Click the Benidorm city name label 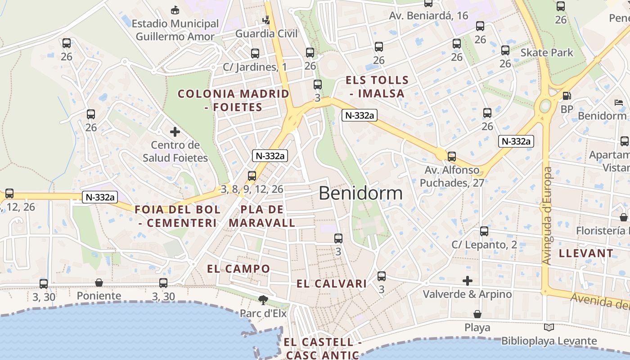pyautogui.click(x=360, y=193)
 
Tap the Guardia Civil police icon pyautogui.click(x=266, y=20)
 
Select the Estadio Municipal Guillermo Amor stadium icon pyautogui.click(x=175, y=10)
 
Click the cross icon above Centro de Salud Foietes pyautogui.click(x=175, y=132)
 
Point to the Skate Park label pyautogui.click(x=547, y=53)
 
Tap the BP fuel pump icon pyautogui.click(x=567, y=96)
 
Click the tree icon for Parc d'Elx pyautogui.click(x=263, y=300)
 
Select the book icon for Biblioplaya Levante pyautogui.click(x=549, y=328)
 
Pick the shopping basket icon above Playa pyautogui.click(x=477, y=314)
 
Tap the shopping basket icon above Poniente pyautogui.click(x=99, y=283)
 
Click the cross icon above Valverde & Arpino pyautogui.click(x=468, y=281)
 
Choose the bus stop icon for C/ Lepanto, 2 pyautogui.click(x=484, y=231)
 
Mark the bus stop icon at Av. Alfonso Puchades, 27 pyautogui.click(x=451, y=157)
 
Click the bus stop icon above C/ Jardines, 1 pyautogui.click(x=255, y=54)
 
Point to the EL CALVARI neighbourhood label pyautogui.click(x=332, y=283)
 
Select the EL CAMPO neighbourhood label pyautogui.click(x=238, y=269)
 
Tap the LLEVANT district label pyautogui.click(x=586, y=253)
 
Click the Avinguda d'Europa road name pyautogui.click(x=547, y=216)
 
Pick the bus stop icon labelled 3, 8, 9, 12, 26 pyautogui.click(x=252, y=176)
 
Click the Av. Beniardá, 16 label pyautogui.click(x=428, y=16)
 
